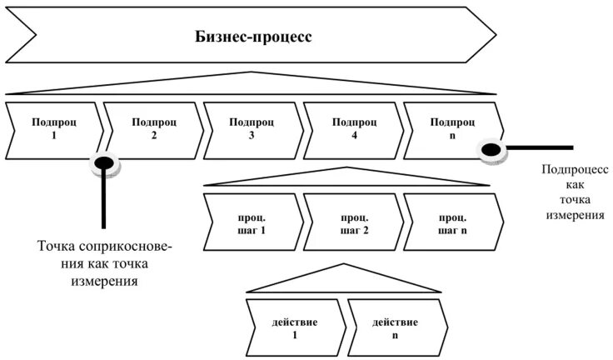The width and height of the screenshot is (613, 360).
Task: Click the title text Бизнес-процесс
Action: [254, 37]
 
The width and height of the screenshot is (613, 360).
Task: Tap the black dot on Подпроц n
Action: [492, 149]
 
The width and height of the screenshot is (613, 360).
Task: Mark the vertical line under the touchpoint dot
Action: [104, 200]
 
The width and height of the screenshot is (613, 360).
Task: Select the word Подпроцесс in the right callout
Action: [576, 169]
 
